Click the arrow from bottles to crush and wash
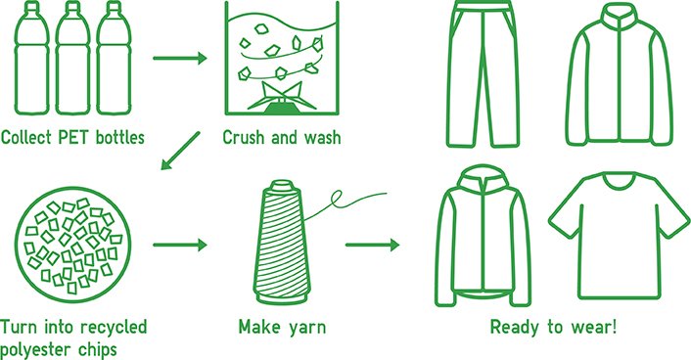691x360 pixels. (180, 59)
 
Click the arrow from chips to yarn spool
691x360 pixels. (180, 246)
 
